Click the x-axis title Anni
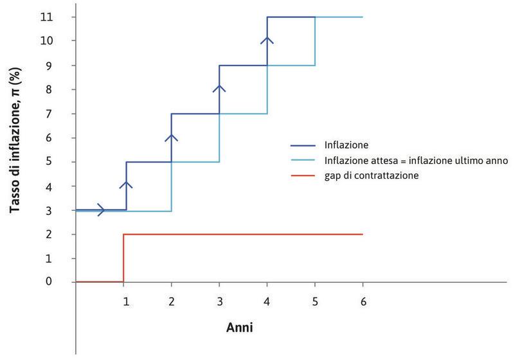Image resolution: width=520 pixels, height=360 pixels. pos(239,327)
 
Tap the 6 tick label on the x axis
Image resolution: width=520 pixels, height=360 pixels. pos(363,300)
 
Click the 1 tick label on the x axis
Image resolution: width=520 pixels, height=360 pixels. pos(126,300)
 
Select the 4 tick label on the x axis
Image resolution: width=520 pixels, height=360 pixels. pos(267,300)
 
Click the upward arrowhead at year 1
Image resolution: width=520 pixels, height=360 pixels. pos(126,184)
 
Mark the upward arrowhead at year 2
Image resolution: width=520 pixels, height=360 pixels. pos(172,136)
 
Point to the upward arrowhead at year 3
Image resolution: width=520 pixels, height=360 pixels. pos(219,88)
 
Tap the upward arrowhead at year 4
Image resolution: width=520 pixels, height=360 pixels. pos(267,40)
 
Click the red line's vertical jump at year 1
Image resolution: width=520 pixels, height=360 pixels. pos(123,258)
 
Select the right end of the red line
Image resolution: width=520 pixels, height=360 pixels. pos(363,234)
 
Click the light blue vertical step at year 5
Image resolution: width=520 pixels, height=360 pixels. pos(315,41)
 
